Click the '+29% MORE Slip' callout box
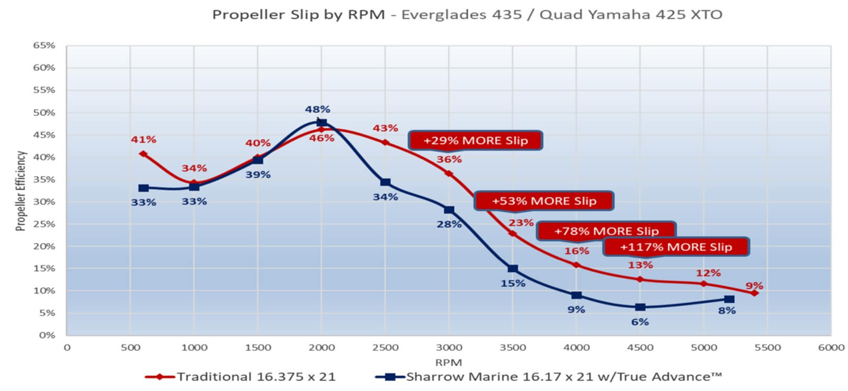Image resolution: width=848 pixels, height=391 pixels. click(476, 140)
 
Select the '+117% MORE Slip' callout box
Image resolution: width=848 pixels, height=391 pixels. click(676, 247)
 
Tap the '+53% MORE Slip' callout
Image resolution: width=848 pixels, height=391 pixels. click(544, 201)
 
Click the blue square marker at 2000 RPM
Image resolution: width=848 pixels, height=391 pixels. click(322, 124)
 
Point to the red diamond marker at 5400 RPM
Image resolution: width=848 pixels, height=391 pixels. click(754, 293)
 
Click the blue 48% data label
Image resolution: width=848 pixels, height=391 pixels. click(318, 109)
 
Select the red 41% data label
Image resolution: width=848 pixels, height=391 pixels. click(143, 139)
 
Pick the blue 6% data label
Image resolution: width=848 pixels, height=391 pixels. click(640, 322)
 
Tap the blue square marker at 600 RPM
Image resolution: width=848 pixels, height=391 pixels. click(143, 188)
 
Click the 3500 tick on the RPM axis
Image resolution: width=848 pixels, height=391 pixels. click(513, 348)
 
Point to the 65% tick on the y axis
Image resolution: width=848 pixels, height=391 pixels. click(44, 46)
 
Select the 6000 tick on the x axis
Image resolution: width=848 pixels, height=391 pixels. click(831, 348)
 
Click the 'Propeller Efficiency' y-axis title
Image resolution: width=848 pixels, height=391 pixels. click(21, 191)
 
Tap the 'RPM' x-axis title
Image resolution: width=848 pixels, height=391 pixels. click(448, 362)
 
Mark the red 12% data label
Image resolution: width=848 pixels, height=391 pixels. click(708, 273)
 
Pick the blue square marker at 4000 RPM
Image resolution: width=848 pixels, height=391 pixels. click(576, 296)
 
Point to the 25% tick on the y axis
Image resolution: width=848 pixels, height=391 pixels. click(44, 224)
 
